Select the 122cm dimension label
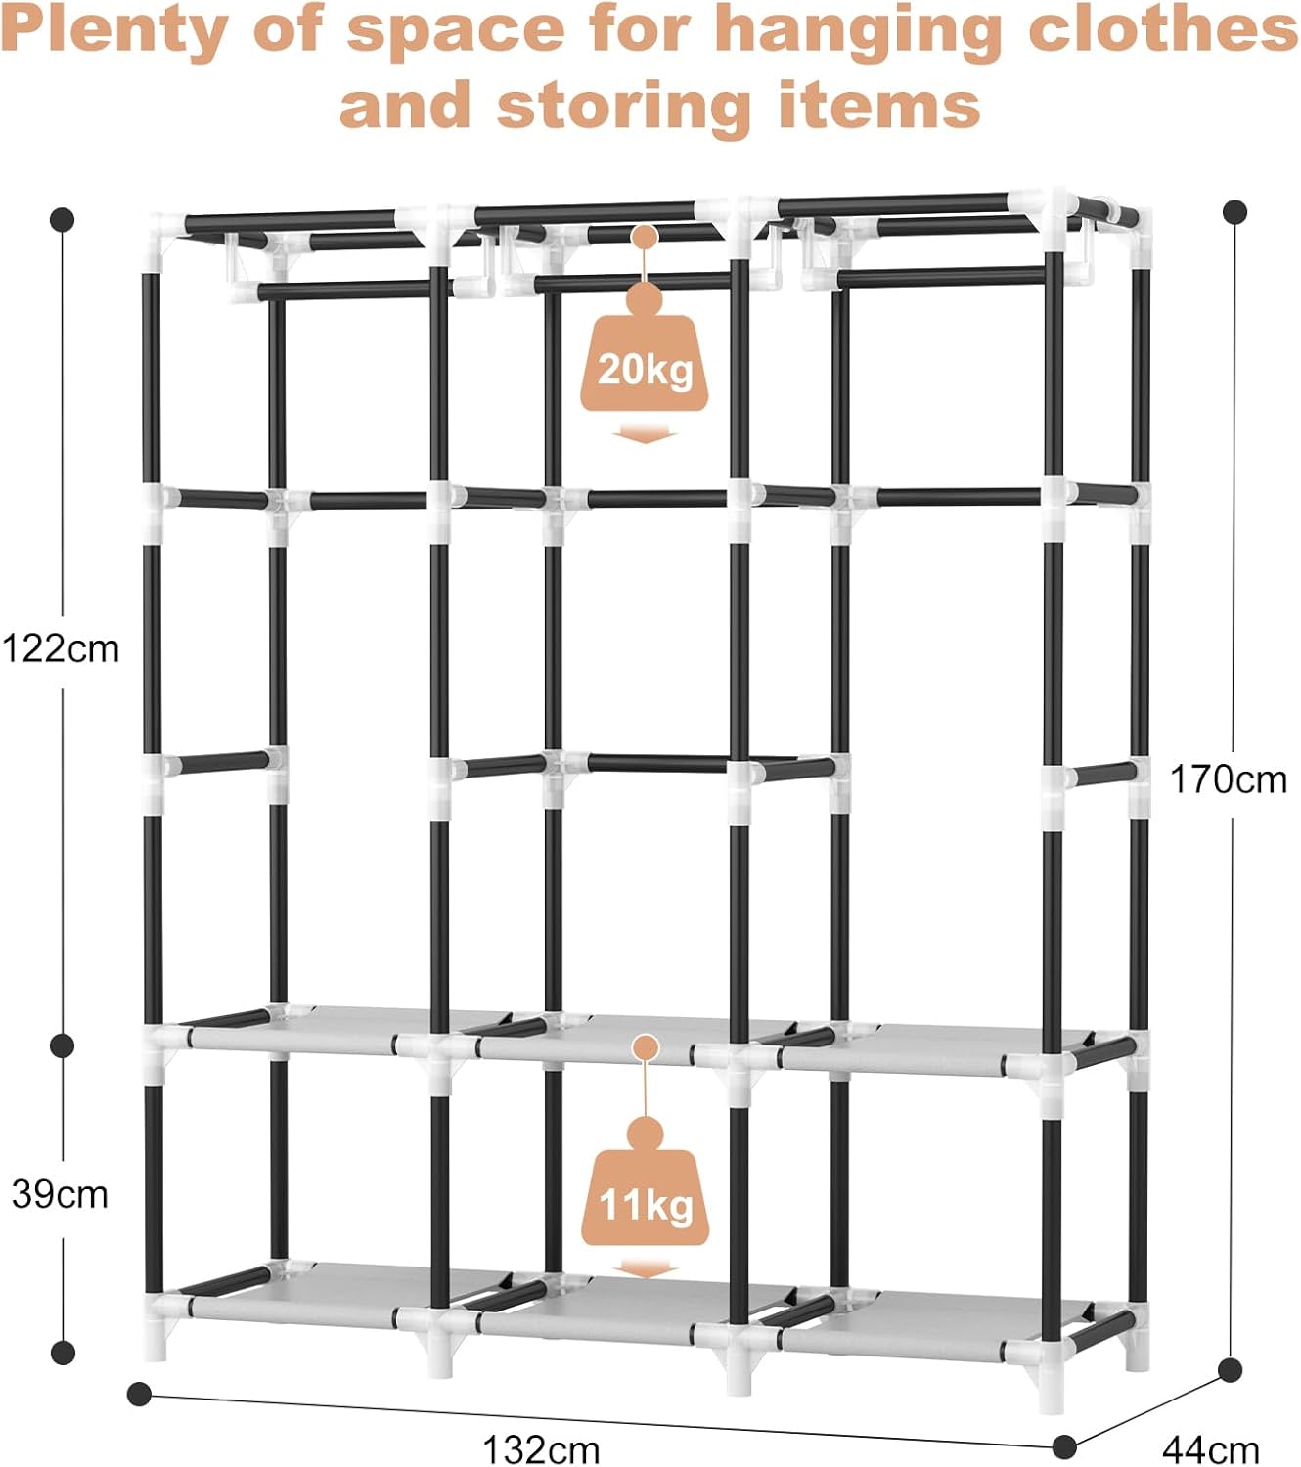[x=61, y=648]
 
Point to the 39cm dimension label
[x=61, y=1194]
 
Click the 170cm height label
[x=1229, y=779]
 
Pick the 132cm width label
[x=541, y=1448]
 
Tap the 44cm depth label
[x=1211, y=1448]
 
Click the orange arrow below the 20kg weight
[x=645, y=433]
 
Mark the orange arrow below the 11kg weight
[x=645, y=1269]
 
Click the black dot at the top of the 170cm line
[x=1235, y=210]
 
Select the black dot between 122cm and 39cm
[x=63, y=1045]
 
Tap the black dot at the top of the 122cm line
[x=63, y=219]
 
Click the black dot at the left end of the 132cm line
[x=140, y=1394]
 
